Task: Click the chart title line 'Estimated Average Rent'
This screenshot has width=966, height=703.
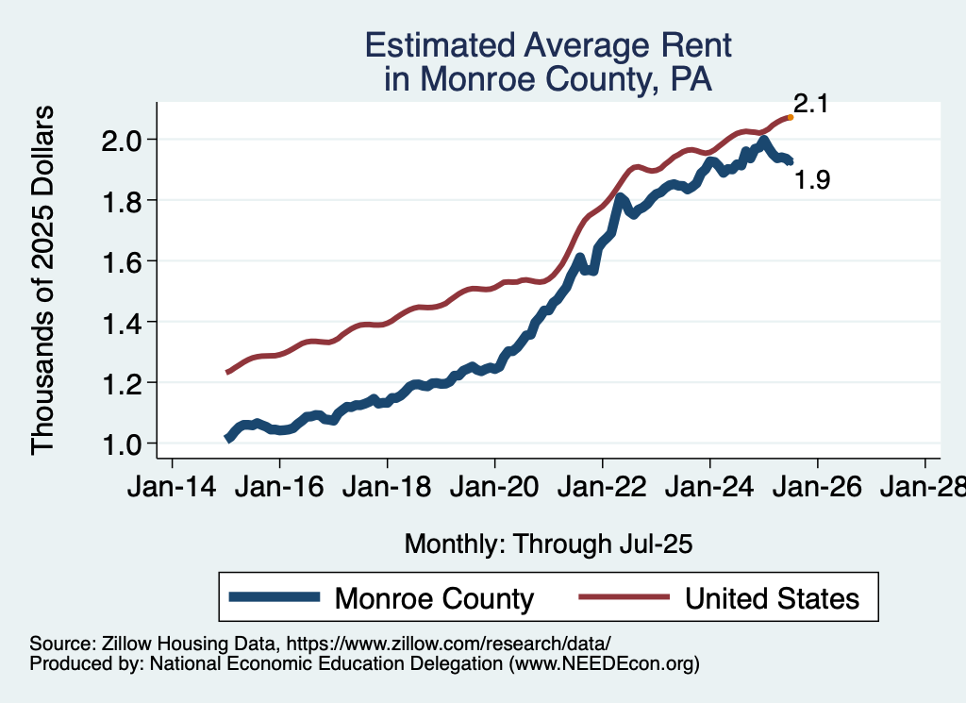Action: pyautogui.click(x=548, y=45)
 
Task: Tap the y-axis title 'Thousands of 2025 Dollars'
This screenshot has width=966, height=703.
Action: pyautogui.click(x=44, y=281)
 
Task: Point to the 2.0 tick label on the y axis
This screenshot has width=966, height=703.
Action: pyautogui.click(x=124, y=140)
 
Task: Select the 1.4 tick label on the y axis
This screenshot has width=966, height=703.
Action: pyautogui.click(x=124, y=322)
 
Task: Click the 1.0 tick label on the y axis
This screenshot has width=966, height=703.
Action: pyautogui.click(x=124, y=444)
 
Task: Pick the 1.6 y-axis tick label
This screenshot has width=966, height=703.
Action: pyautogui.click(x=124, y=261)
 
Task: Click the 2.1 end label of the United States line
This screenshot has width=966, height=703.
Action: pyautogui.click(x=810, y=104)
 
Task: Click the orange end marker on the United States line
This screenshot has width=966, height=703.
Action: pyautogui.click(x=790, y=117)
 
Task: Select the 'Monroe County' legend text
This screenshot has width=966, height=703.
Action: pyautogui.click(x=435, y=598)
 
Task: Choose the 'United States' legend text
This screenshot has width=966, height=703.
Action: pyautogui.click(x=772, y=598)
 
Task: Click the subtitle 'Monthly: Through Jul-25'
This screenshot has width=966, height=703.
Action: pyautogui.click(x=548, y=544)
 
